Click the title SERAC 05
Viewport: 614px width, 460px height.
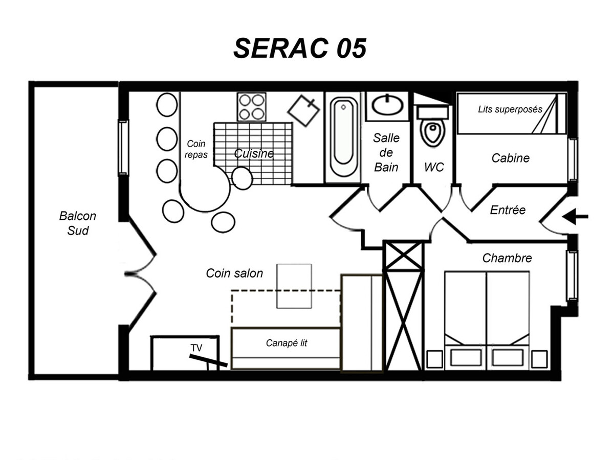point(300,48)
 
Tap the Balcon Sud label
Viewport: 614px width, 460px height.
point(77,223)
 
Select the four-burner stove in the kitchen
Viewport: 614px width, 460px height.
point(251,107)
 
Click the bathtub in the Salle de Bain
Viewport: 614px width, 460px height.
point(343,137)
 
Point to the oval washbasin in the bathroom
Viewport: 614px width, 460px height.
point(387,105)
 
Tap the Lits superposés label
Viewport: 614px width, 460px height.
point(510,109)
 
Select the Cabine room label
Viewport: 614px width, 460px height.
point(510,158)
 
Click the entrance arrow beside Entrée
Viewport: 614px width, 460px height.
point(575,216)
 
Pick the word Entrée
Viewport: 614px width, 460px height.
point(508,210)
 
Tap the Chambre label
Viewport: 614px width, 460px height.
point(507,258)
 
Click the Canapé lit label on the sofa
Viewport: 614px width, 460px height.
point(287,343)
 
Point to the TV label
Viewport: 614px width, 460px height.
point(196,348)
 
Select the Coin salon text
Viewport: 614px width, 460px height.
point(234,273)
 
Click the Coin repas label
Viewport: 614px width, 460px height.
point(196,149)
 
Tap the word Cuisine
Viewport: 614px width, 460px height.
point(254,153)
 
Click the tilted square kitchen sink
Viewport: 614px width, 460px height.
point(303,111)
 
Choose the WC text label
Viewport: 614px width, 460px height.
point(434,167)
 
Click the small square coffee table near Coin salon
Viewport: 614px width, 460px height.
point(294,286)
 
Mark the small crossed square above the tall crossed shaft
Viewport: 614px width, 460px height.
point(404,256)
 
